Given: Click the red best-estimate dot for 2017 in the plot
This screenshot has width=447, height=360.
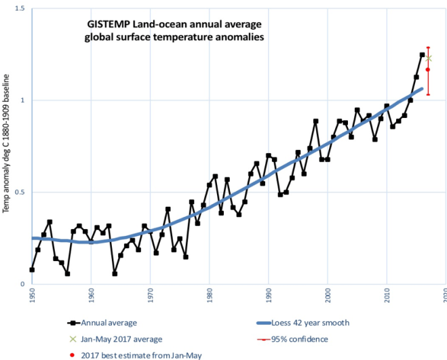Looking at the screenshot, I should pos(428,70).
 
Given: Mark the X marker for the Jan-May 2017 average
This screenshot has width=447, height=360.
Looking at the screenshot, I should pos(428,58).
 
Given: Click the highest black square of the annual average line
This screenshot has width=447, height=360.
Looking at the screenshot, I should pos(422,55).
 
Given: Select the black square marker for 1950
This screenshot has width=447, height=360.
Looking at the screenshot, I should pos(32,269).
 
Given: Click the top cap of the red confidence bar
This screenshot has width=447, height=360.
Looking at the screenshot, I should pos(428,47).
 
